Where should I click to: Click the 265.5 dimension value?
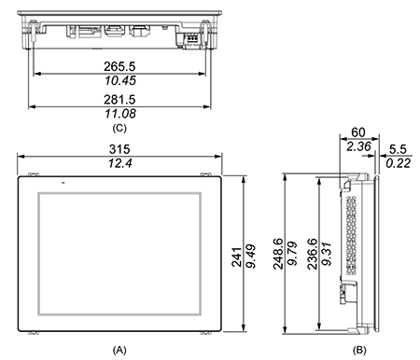pos(119,66)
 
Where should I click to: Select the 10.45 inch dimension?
pos(120,80)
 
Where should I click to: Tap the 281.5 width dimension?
pos(119,100)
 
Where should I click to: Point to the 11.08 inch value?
pos(120,114)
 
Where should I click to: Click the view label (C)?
pos(119,128)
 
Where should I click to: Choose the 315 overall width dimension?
pos(119,149)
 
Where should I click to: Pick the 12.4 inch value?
pos(120,163)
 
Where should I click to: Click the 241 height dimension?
pos(237,257)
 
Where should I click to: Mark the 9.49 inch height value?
pos(251,256)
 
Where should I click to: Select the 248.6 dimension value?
pos(278,254)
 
